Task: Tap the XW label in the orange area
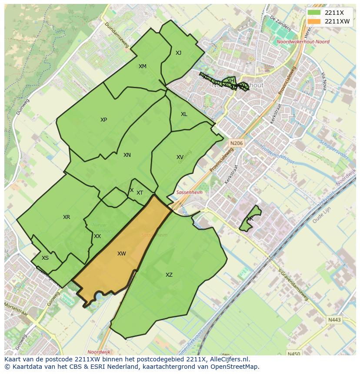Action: (122, 254)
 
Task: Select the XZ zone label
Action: (169, 275)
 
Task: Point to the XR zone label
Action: (67, 217)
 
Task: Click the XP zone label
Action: (103, 120)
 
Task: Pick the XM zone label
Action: (143, 66)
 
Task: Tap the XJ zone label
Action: (178, 53)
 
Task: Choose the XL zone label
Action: (184, 114)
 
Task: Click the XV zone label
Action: (180, 157)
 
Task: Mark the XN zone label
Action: (127, 155)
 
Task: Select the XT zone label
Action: (140, 193)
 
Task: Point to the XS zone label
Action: (45, 258)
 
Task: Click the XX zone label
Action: (97, 236)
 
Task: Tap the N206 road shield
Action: (237, 143)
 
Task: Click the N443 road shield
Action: (335, 320)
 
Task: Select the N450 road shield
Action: (294, 354)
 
